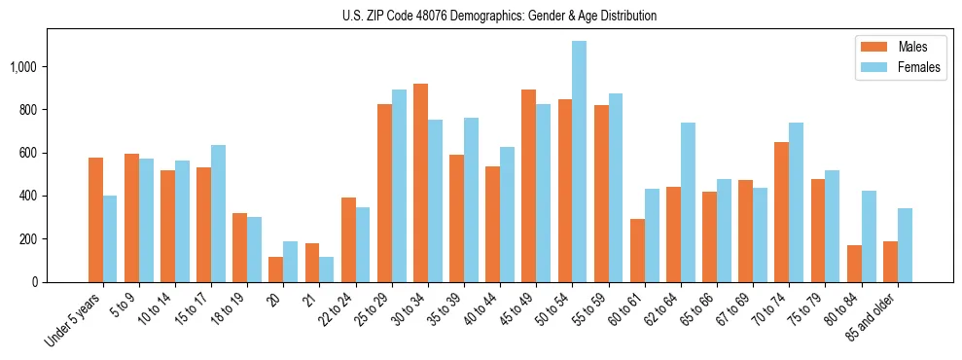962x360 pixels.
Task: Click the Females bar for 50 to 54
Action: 579,162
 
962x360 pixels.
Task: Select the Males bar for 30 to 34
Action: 420,183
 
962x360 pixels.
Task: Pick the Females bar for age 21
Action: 327,270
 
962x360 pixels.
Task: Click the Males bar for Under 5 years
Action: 95,220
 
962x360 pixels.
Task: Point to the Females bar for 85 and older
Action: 905,245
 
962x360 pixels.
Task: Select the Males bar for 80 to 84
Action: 854,264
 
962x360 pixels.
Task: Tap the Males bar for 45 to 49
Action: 528,186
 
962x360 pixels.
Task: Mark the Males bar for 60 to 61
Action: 637,250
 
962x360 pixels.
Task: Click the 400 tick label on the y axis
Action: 30,197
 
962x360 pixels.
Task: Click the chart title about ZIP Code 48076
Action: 499,16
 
